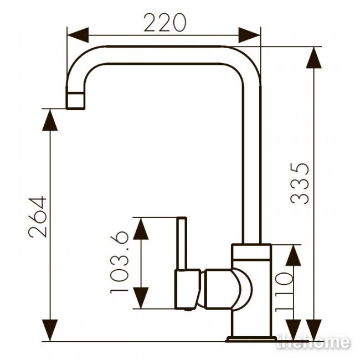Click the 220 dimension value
click(165, 23)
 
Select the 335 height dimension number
click(300, 183)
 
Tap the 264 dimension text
click(38, 217)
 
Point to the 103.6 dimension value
click(120, 263)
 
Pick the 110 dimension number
click(284, 291)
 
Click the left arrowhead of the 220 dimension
click(78, 35)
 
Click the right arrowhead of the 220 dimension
click(250, 35)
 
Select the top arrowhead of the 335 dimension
click(313, 58)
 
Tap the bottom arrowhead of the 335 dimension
click(313, 331)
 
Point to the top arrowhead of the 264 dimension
click(50, 120)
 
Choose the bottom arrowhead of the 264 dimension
click(50, 331)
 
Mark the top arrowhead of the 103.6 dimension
click(141, 228)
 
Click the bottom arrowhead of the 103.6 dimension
click(141, 298)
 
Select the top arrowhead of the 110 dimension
click(293, 255)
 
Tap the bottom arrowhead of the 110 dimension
click(293, 331)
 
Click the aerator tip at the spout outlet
click(75, 101)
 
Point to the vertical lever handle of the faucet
click(181, 243)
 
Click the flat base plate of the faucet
click(251, 339)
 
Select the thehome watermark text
click(313, 342)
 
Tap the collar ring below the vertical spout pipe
click(251, 252)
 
